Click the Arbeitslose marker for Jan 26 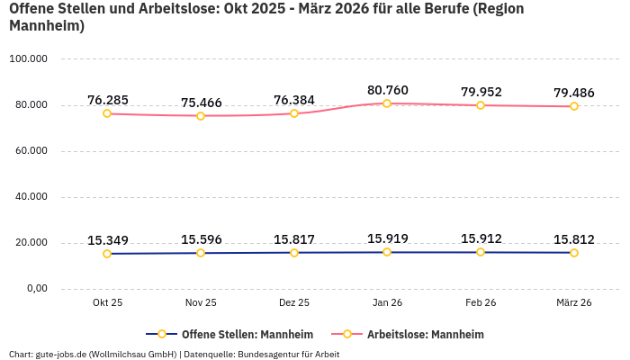(x=387, y=103)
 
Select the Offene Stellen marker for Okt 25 (x=107, y=254)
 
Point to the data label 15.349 (x=107, y=240)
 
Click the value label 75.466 (x=201, y=103)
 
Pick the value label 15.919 (x=387, y=238)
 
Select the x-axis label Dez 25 (x=294, y=303)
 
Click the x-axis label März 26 (x=573, y=303)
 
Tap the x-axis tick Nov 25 (x=201, y=303)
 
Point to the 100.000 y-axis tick (x=28, y=59)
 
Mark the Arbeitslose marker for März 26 (x=573, y=106)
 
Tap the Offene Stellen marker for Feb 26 (x=481, y=252)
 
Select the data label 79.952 (x=481, y=92)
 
